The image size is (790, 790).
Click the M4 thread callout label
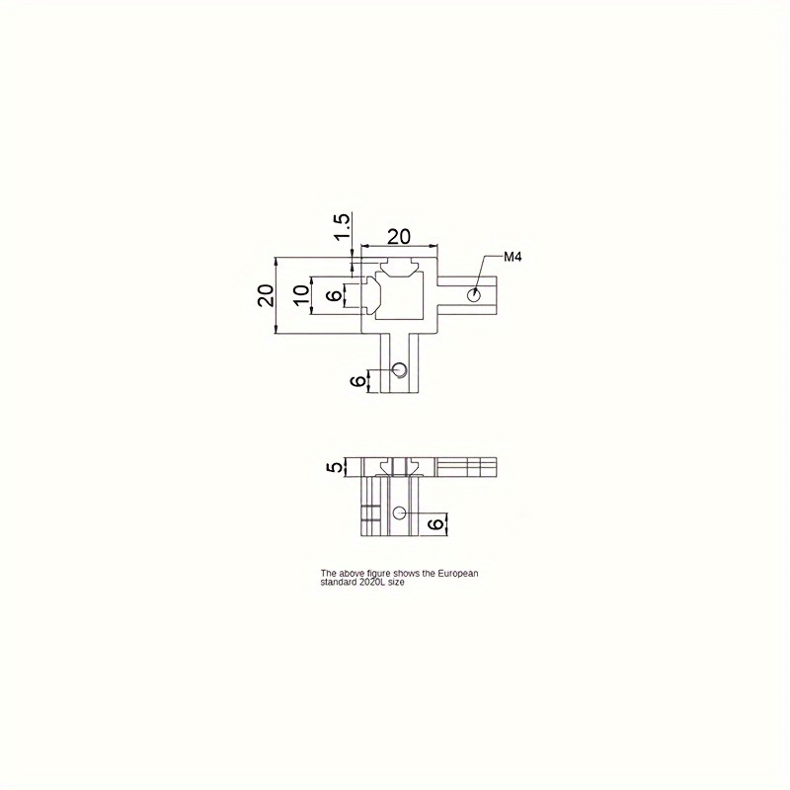click(x=513, y=257)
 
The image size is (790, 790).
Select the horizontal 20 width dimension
click(x=399, y=236)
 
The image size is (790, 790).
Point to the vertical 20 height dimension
click(x=266, y=295)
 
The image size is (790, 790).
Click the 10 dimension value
click(x=301, y=295)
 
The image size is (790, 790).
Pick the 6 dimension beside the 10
click(x=334, y=295)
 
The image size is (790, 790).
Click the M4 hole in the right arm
click(x=474, y=295)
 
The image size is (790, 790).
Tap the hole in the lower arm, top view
click(x=400, y=369)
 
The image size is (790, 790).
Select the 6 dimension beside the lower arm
click(x=357, y=381)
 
